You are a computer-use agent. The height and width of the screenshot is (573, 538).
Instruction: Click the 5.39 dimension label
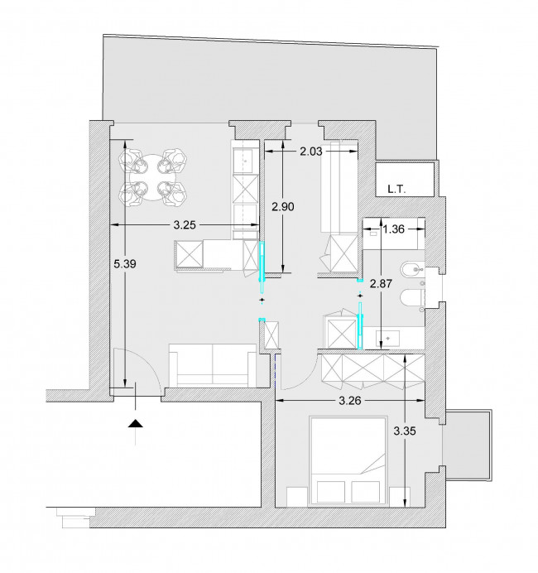pos(125,263)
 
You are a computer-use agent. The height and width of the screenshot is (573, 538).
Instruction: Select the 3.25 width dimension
pos(185,224)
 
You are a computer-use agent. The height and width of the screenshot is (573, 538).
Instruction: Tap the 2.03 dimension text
pos(311,152)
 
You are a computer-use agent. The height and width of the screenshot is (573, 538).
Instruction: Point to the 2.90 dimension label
pos(283,207)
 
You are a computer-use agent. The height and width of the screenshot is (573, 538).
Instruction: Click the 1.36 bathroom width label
pos(394,229)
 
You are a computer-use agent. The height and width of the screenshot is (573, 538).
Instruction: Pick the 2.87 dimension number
pos(381,283)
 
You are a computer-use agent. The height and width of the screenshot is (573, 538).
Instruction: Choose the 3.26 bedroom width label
pos(350,401)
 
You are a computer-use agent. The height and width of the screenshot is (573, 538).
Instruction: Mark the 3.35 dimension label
pos(405,431)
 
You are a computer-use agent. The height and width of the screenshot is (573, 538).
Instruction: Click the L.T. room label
pos(396,190)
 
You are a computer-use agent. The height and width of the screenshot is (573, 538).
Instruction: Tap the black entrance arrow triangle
pos(136,423)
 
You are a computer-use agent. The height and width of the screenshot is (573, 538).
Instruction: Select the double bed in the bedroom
pos(348,461)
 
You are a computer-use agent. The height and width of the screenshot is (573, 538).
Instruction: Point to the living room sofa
pos(213,365)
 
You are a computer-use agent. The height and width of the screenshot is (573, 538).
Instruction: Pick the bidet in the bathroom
pos(413,271)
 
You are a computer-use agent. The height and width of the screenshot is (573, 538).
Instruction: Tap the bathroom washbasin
pos(388,339)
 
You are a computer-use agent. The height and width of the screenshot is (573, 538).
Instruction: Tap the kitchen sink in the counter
pos(246,161)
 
